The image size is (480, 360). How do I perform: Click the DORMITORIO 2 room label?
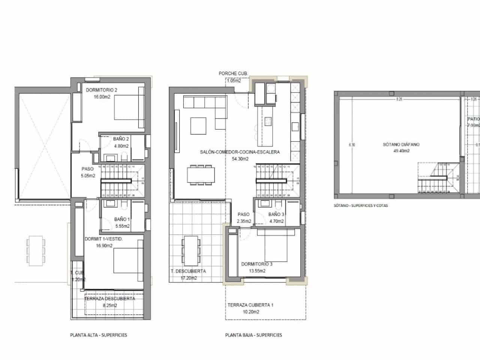coord(102,90)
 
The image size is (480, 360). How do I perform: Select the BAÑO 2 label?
coord(121,139)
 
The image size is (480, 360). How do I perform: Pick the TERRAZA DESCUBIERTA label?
coord(109,299)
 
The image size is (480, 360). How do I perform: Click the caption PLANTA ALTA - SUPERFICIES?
coord(98,335)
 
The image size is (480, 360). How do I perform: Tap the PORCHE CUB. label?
coord(233,73)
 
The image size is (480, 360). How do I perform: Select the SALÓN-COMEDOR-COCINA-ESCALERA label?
coord(240,152)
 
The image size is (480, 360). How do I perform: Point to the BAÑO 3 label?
coord(276,214)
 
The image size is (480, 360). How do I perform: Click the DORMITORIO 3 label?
coord(256,264)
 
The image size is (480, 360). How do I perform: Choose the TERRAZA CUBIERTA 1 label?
coord(250,305)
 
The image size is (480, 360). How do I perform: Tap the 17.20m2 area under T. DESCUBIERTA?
coord(188,278)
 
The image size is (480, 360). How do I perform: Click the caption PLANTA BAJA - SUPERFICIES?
coord(253,335)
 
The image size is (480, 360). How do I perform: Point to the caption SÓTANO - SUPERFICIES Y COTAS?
coord(360,205)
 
